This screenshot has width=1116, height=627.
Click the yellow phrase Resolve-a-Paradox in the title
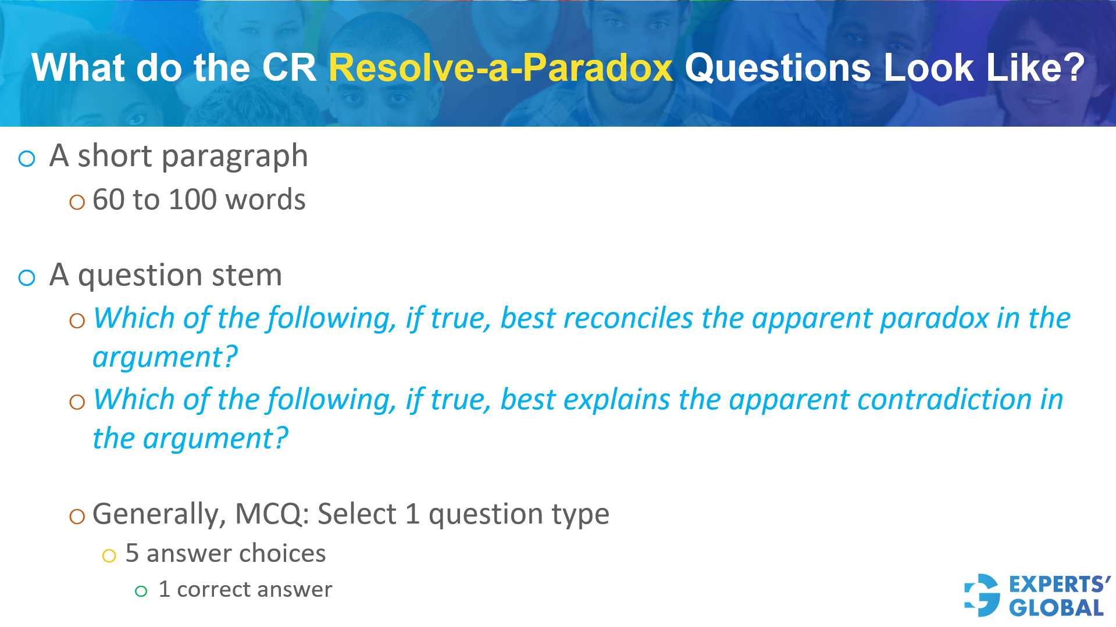point(500,68)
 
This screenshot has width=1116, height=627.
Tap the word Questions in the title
point(778,68)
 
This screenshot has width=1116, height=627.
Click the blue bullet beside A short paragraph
point(27,159)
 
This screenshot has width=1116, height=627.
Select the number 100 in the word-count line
point(192,200)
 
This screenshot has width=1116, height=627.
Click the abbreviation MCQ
point(268,514)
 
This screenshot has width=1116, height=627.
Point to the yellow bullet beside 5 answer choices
point(109,556)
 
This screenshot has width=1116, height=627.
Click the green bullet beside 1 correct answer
point(141,592)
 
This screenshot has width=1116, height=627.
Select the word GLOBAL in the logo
point(1056,608)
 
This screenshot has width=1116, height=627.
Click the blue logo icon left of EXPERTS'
point(982,595)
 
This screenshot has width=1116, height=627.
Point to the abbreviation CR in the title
point(288,68)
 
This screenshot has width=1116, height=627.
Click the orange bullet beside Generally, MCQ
point(77,516)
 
